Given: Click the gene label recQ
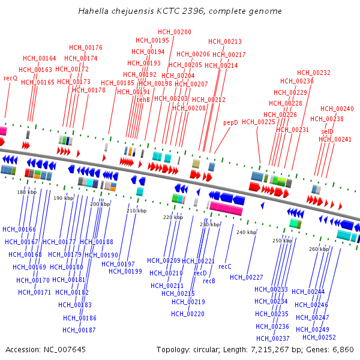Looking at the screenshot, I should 11,78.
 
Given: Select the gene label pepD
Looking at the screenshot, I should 230,122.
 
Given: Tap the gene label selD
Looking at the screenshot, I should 327,131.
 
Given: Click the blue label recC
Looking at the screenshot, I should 225,266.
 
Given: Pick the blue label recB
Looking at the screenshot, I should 209,281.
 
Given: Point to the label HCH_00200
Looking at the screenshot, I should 175,32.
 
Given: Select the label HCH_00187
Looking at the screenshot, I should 79,330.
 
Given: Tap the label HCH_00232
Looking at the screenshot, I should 313,73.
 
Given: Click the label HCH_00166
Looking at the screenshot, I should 19,229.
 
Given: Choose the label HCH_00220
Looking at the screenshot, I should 188,314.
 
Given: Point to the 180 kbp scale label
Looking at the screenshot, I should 26,192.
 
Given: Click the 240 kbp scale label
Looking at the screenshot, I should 246,232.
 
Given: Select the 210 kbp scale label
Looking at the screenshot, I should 136,211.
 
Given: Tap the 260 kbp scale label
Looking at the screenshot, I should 319,248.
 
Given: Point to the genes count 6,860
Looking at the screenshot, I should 343,349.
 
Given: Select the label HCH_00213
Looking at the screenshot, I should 225,41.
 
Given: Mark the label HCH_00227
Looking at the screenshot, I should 247,277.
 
